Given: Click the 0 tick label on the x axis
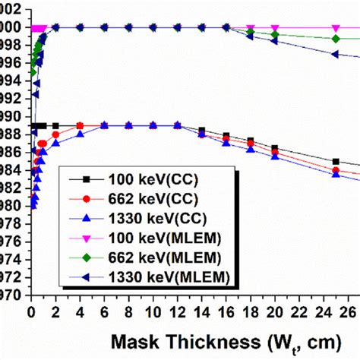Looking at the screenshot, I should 31,311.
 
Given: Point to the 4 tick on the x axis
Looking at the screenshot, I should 80,311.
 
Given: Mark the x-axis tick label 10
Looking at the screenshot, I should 153,311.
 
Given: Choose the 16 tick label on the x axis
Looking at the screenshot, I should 226,311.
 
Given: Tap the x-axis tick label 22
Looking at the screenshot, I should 299,311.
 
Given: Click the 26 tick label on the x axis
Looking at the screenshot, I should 348,311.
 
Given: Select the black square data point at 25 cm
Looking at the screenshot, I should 336,161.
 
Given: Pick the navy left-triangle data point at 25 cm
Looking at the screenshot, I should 336,54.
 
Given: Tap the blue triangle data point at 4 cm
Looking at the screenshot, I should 80,134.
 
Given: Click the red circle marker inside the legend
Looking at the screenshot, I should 87,198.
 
